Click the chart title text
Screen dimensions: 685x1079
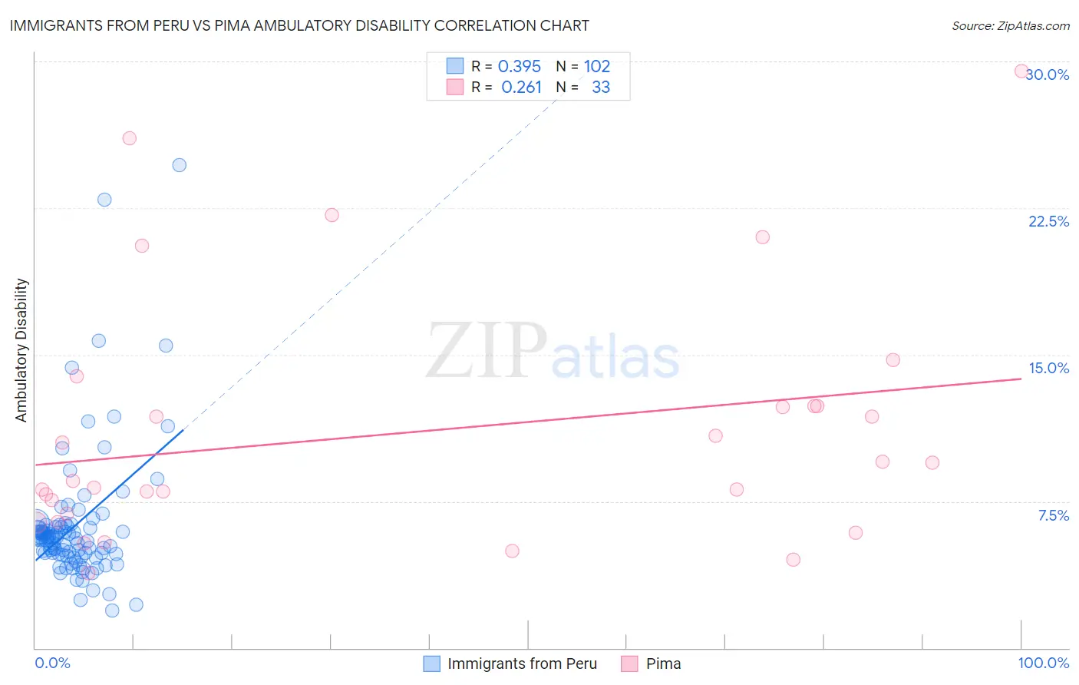pos(299,25)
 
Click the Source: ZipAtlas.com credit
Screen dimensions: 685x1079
pos(1010,26)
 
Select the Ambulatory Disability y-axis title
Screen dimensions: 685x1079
pos(21,350)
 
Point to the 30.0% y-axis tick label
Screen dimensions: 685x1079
pos(1048,74)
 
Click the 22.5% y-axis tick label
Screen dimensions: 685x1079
pos(1048,221)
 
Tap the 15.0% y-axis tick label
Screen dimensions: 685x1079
pos(1048,368)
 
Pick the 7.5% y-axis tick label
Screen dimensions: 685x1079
pos(1053,515)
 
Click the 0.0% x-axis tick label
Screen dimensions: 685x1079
pos(52,663)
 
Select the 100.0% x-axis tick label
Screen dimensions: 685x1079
pos(1043,663)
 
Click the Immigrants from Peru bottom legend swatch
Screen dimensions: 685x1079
pos(432,663)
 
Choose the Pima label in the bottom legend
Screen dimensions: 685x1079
pos(663,663)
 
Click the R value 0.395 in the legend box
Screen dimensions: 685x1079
pos(520,67)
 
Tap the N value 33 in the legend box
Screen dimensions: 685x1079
pos(601,88)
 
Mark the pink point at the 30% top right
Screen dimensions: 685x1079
pos(1021,71)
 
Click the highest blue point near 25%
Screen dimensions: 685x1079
pos(180,165)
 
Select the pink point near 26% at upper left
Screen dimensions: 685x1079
pos(130,138)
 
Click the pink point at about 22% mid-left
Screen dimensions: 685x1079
pos(332,215)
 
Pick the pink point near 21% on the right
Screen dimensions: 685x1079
pos(762,237)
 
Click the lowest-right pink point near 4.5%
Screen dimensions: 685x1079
pos(794,559)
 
